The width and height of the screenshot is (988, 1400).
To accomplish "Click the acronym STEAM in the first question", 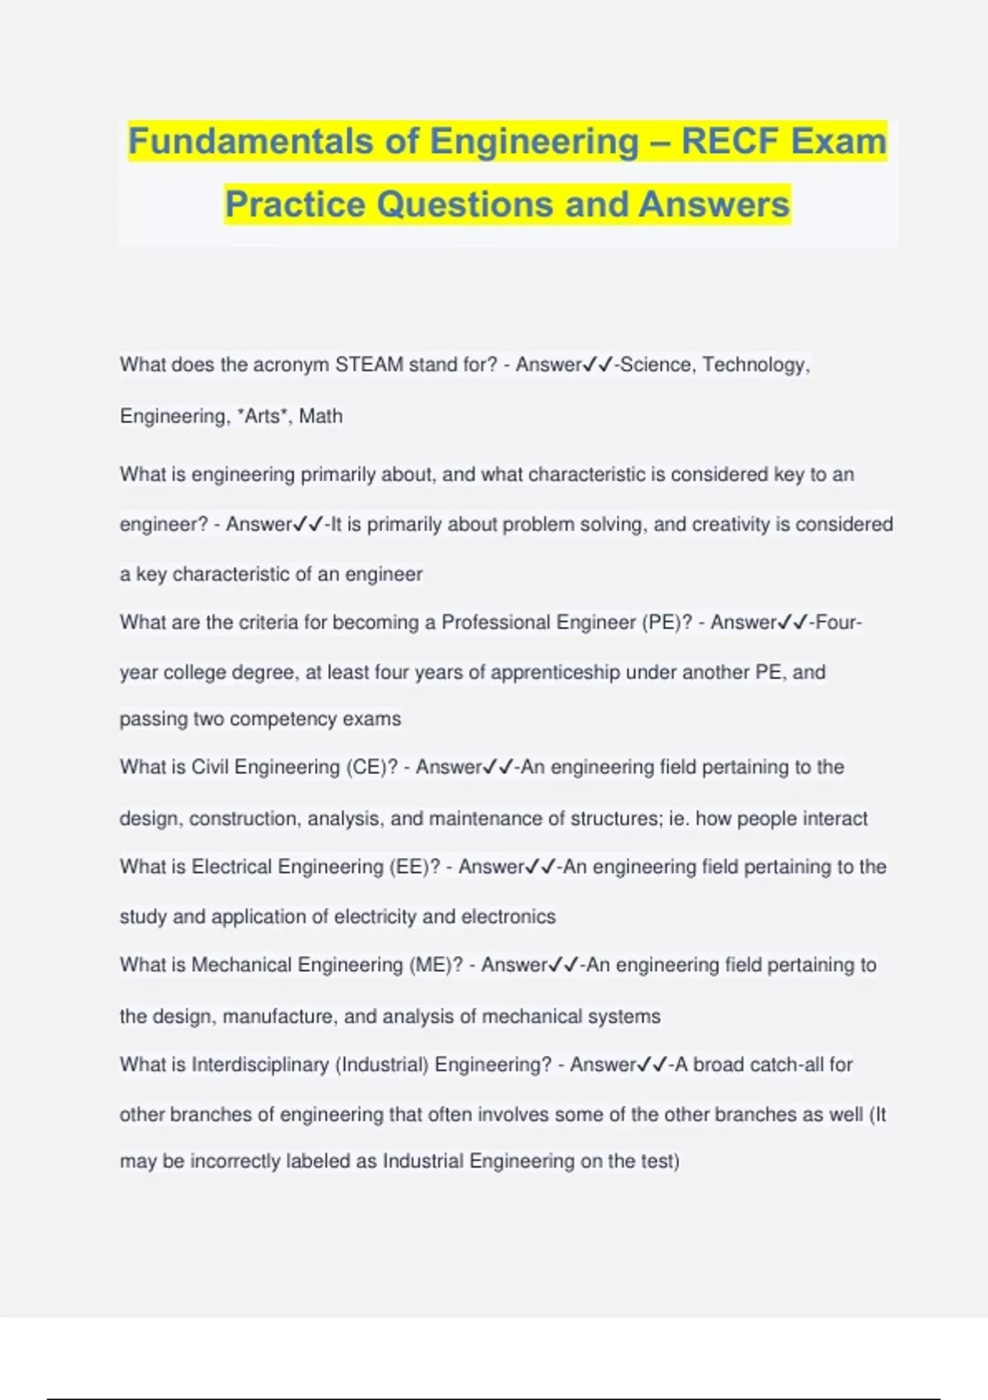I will pyautogui.click(x=369, y=365).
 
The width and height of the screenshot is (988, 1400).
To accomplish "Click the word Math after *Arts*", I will pyautogui.click(x=320, y=416).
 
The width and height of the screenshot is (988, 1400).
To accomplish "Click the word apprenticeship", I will pyautogui.click(x=555, y=672).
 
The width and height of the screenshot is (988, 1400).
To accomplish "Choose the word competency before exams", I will pyautogui.click(x=283, y=719).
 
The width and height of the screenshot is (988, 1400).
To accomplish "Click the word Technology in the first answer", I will pyautogui.click(x=755, y=365).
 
